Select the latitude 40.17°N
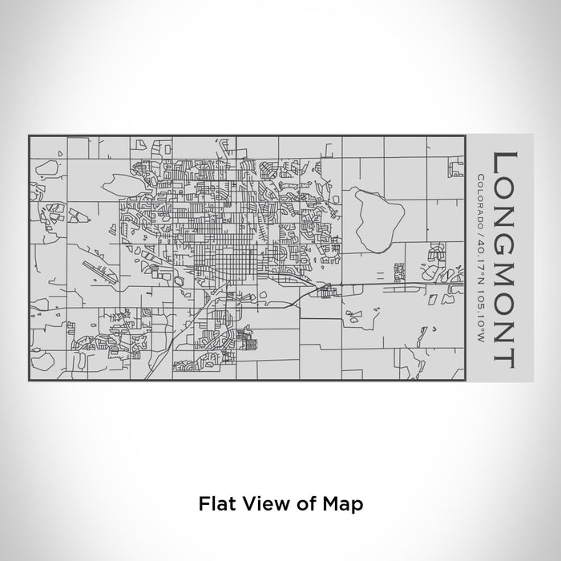pyautogui.click(x=480, y=259)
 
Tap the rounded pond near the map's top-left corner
pyautogui.click(x=46, y=168)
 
